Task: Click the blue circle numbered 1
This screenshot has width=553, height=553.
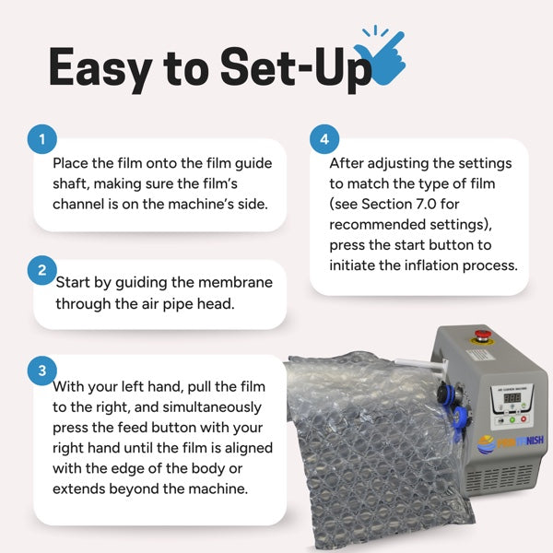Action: point(42,139)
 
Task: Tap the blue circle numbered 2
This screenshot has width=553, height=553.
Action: point(42,270)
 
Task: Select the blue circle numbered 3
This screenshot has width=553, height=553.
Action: point(42,371)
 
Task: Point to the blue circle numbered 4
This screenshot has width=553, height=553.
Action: point(324,139)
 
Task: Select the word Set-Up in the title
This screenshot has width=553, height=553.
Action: point(296,68)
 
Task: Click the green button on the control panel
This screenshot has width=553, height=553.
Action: point(512,420)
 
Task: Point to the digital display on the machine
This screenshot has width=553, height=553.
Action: point(512,398)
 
